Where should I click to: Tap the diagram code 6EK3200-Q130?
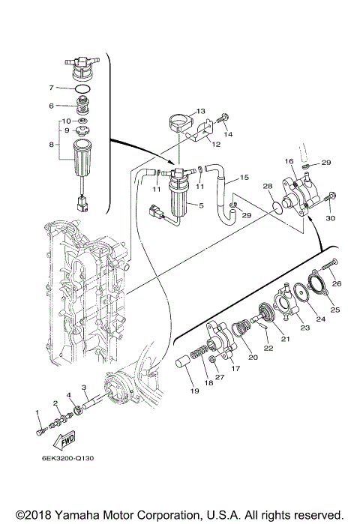[67, 458]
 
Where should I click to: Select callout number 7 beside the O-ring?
[51, 88]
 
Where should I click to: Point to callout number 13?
[200, 111]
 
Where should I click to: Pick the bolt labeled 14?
[224, 118]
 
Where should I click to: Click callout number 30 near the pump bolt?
[330, 218]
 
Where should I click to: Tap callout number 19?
[194, 391]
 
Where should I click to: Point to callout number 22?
[268, 348]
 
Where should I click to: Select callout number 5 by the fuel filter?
[201, 205]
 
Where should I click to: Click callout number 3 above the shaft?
[84, 388]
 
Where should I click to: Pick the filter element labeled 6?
[80, 105]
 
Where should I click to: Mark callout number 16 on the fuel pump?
[289, 161]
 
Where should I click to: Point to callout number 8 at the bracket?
[51, 145]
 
